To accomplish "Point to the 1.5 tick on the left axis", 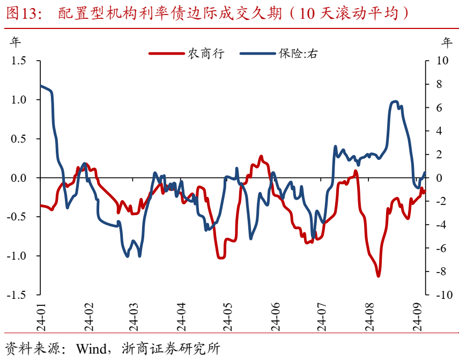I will (19, 61).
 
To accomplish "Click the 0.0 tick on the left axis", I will (19, 178).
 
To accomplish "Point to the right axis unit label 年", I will (447, 41).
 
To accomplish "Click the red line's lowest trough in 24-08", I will (378, 276).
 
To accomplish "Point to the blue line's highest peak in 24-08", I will (395, 101).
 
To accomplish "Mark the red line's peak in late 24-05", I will (261, 157).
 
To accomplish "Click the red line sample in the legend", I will (166, 53).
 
